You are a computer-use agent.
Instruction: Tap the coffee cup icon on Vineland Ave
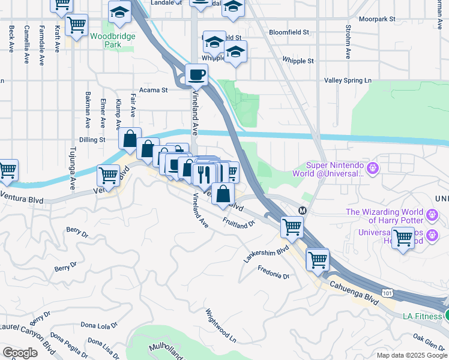tap(196, 76)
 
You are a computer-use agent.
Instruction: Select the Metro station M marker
tap(303, 211)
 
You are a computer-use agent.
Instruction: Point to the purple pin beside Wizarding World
tap(431, 214)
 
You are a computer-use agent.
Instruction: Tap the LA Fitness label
tap(421, 316)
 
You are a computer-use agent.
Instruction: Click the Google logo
tap(20, 352)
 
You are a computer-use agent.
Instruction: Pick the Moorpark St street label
tap(377, 19)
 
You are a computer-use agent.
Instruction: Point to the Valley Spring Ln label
tap(348, 80)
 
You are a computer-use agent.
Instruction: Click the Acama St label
tap(154, 90)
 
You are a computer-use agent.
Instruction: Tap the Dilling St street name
tap(93, 139)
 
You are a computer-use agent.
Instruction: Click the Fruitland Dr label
tap(239, 223)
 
